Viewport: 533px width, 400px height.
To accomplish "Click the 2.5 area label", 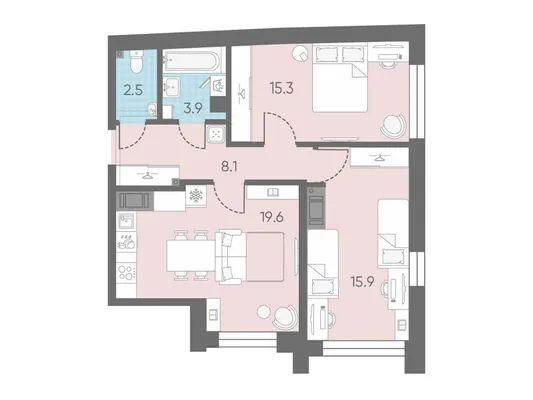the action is (133, 91).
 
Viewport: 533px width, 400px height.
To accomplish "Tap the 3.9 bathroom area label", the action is (193, 109).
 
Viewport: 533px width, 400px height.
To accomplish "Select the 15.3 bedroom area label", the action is (281, 88).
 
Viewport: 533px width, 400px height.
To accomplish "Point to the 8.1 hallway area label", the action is (230, 167).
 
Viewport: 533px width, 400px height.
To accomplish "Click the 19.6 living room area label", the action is (272, 217).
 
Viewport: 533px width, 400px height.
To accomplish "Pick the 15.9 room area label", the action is (363, 282).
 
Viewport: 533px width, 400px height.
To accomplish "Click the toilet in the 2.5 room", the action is (137, 62).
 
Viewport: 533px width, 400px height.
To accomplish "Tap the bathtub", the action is (192, 60).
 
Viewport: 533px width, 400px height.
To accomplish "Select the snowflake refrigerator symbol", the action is (196, 195).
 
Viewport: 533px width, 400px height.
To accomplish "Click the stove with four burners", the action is (126, 273).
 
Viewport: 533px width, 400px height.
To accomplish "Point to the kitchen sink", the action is (126, 221).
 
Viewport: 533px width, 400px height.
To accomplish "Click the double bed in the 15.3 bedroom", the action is (340, 79).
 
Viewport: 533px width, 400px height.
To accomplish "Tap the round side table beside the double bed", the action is (301, 53).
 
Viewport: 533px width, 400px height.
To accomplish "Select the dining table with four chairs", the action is (191, 256).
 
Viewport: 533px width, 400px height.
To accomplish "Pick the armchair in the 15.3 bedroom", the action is (393, 126).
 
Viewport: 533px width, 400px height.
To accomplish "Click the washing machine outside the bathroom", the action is (216, 133).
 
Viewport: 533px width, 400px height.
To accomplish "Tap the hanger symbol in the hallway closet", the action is (147, 175).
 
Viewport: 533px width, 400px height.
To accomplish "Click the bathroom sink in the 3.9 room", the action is (172, 85).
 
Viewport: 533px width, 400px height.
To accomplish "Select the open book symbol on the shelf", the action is (273, 192).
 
